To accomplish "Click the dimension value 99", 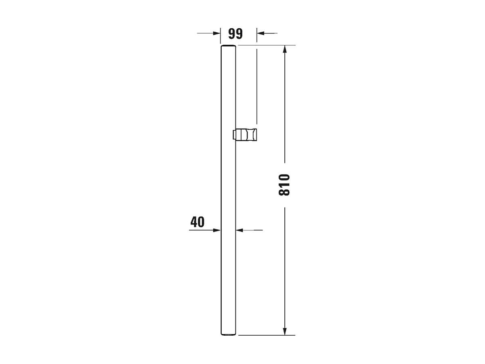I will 235,34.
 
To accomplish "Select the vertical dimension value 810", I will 285,185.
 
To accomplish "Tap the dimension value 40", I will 197,222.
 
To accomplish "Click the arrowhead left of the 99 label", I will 216,33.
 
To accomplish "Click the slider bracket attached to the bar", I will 246,135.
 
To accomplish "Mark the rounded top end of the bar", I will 228,47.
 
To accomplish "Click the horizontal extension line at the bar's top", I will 267,45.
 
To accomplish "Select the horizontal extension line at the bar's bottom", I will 267,335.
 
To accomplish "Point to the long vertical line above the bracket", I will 257,85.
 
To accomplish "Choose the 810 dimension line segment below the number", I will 285,267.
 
